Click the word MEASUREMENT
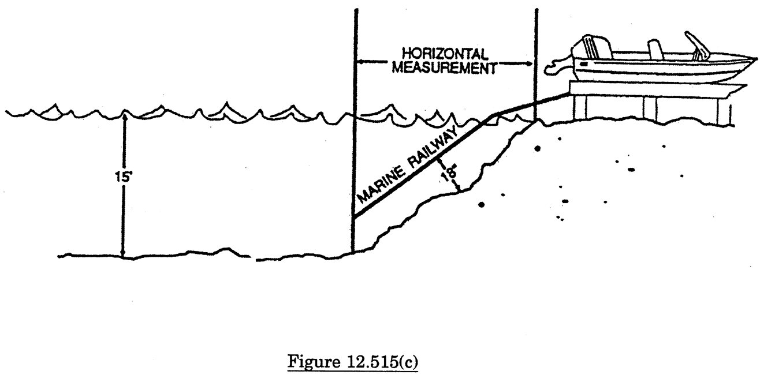click(444, 68)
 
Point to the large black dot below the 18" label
click(482, 204)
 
